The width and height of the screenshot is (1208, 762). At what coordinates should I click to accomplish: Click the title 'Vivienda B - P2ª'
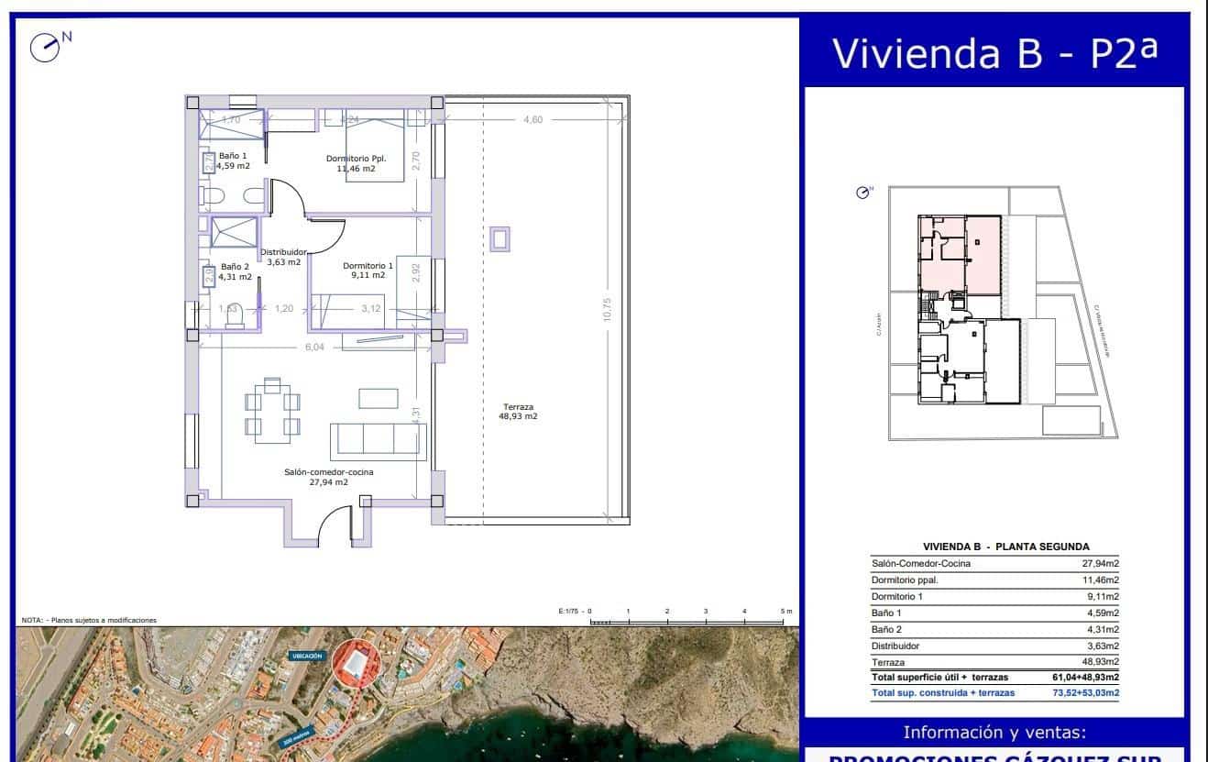[994, 53]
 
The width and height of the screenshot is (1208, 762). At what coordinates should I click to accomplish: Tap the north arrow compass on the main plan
[46, 47]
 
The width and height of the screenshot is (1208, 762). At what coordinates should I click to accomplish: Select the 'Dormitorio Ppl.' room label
[356, 163]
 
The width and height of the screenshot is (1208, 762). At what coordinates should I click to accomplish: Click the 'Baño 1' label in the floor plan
[233, 160]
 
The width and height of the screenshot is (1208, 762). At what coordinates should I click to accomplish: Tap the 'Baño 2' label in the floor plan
[234, 271]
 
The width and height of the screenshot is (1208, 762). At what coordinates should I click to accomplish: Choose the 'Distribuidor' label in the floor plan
[283, 257]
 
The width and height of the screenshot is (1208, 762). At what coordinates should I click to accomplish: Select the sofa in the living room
[378, 441]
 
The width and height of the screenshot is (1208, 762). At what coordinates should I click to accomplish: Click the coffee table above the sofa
[378, 398]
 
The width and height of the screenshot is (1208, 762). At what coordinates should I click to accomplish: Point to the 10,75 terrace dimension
[606, 309]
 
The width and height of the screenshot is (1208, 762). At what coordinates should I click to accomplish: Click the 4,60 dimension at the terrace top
[533, 119]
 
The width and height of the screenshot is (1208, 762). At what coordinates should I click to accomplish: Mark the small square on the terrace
[500, 239]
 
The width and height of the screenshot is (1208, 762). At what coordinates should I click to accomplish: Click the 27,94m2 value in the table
[1100, 563]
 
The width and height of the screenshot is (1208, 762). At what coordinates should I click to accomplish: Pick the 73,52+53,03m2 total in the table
[1085, 693]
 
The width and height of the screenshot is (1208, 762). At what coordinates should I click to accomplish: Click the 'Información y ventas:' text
[994, 732]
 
